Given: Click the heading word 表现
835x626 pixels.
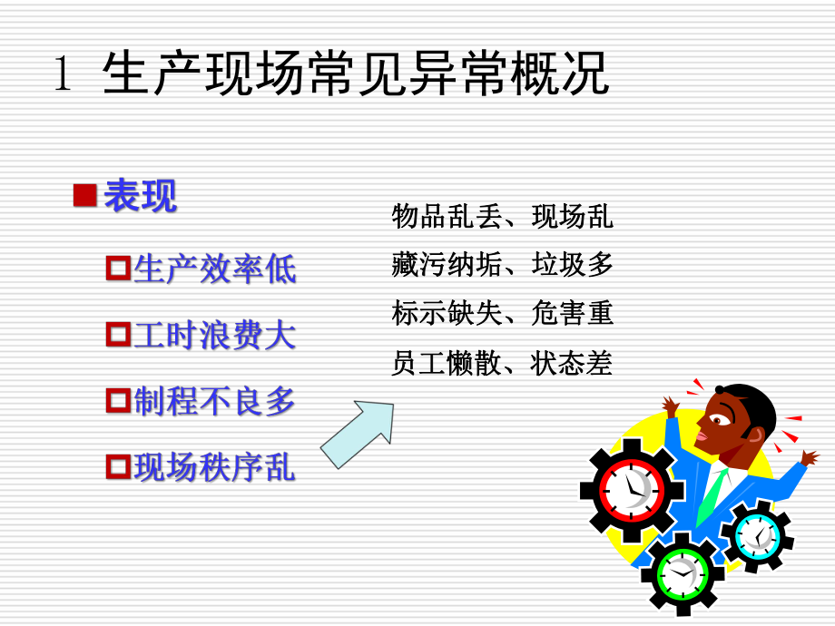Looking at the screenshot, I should pos(140,196).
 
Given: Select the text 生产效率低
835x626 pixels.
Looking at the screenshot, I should pos(215,269).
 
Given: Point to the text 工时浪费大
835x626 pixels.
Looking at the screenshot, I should pos(215,336).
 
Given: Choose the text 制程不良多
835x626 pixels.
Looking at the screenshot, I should pos(215,401).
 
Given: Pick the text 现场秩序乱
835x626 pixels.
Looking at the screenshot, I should pos(215,467).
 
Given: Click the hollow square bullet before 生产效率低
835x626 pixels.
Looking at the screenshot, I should pos(119,269).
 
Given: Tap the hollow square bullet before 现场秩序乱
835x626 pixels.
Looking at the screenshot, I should pos(119,467).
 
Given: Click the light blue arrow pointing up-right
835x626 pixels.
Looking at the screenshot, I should pos(359,433).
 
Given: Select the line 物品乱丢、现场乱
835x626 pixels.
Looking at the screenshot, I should pos(502,217).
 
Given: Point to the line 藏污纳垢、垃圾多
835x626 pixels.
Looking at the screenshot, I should pos(502,265).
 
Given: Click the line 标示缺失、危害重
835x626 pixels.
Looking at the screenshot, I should pos(502,314).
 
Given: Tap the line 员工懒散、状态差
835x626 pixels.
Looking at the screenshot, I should pos(502,363).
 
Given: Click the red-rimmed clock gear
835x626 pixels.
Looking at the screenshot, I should pos(632,489).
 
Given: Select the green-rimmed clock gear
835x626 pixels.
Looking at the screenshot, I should pos(683,572).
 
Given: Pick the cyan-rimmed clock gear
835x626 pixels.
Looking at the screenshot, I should pos(757,536).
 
